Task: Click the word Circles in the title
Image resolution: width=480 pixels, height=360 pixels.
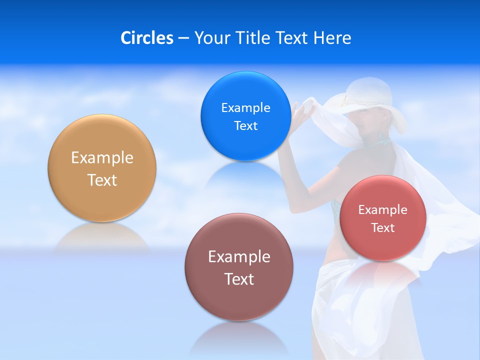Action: (x=146, y=38)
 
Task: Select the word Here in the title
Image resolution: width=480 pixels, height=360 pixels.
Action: (x=332, y=38)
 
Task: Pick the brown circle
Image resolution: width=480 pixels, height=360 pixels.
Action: (x=239, y=300)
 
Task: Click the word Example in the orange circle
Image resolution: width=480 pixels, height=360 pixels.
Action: (x=102, y=157)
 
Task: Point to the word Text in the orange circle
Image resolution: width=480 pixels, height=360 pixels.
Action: (x=102, y=180)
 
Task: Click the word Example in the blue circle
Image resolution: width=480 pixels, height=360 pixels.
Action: (x=245, y=107)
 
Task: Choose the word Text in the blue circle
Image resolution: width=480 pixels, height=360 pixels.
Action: (x=245, y=125)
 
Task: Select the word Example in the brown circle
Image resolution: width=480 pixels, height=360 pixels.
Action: (x=239, y=256)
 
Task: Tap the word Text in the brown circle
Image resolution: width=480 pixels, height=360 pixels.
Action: (x=239, y=279)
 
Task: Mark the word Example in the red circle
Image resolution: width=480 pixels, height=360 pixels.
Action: (x=382, y=209)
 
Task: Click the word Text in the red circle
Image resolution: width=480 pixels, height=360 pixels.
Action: (x=382, y=227)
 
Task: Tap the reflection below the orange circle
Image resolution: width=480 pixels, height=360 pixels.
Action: (x=102, y=237)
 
